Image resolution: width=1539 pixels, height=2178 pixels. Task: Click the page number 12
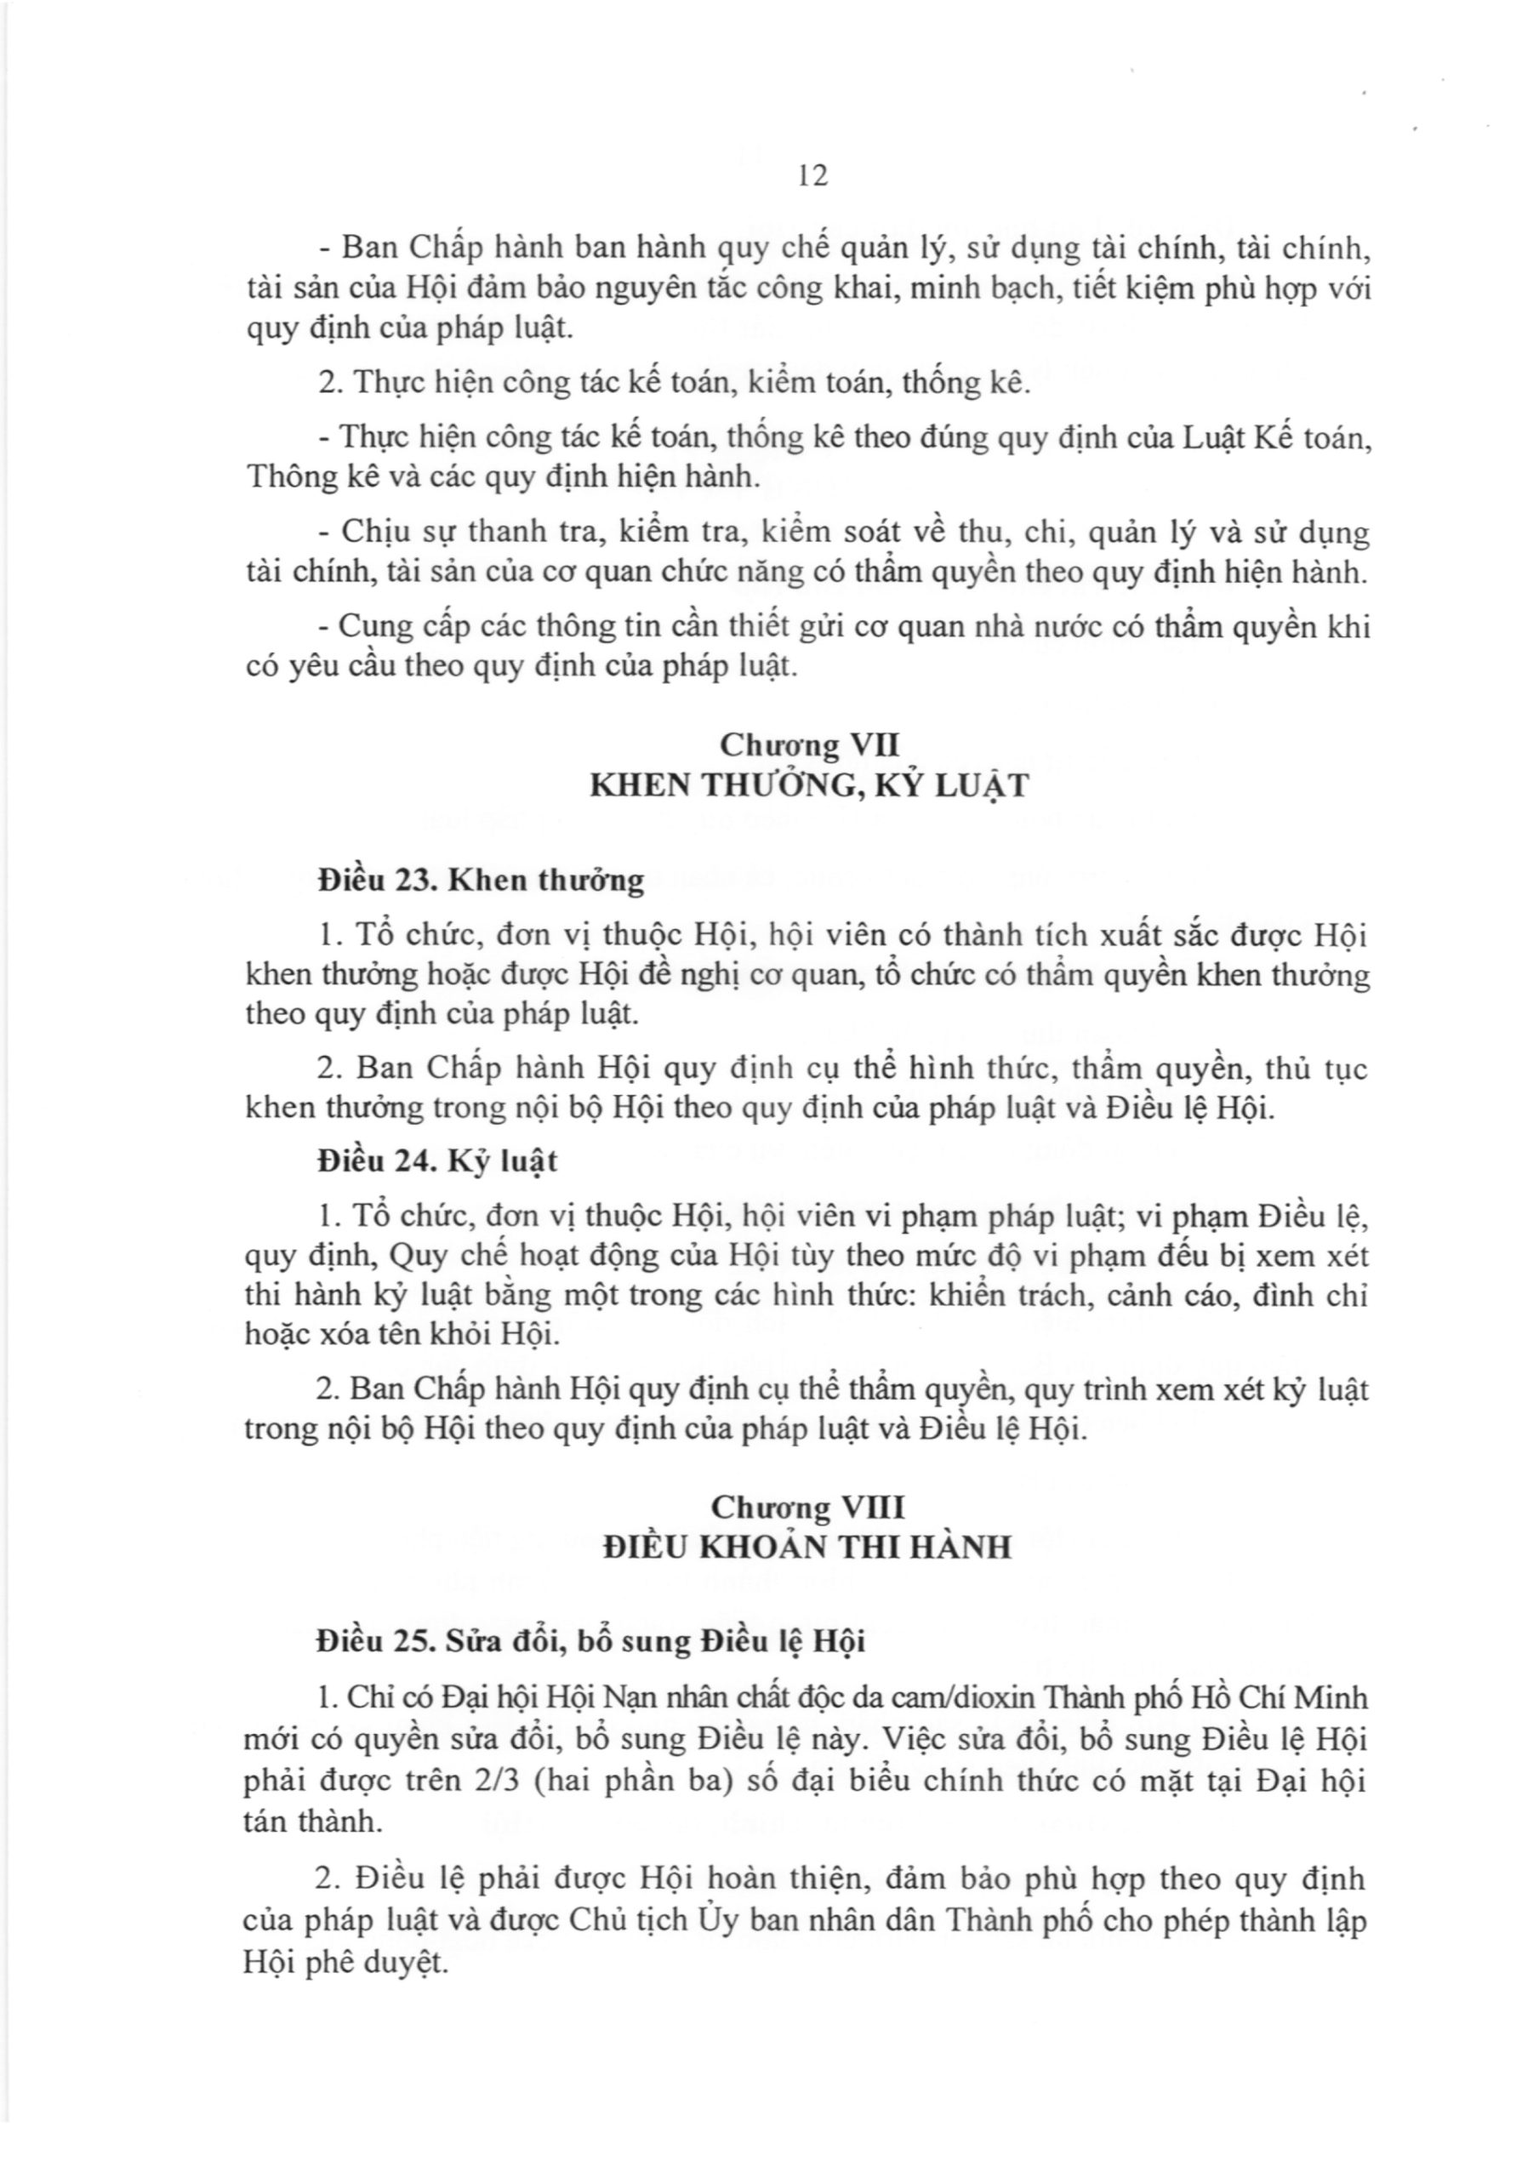pyautogui.click(x=813, y=175)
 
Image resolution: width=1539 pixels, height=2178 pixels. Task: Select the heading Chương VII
pyautogui.click(x=808, y=744)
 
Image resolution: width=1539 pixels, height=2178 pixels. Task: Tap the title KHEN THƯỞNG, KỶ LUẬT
pyautogui.click(x=808, y=786)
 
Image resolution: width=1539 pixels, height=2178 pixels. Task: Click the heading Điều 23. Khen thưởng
pyautogui.click(x=481, y=881)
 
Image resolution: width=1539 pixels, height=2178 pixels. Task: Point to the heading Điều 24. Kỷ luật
pyautogui.click(x=437, y=1162)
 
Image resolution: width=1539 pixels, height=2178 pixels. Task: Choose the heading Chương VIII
pyautogui.click(x=808, y=1508)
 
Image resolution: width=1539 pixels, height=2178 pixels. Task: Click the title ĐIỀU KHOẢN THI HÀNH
pyautogui.click(x=808, y=1548)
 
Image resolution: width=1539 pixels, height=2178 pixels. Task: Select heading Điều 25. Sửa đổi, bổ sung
pyautogui.click(x=591, y=1642)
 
